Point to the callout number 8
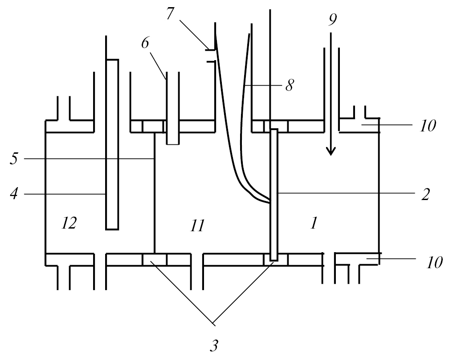click(289, 85)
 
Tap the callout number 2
click(425, 194)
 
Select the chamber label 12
click(70, 223)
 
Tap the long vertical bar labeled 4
click(112, 143)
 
